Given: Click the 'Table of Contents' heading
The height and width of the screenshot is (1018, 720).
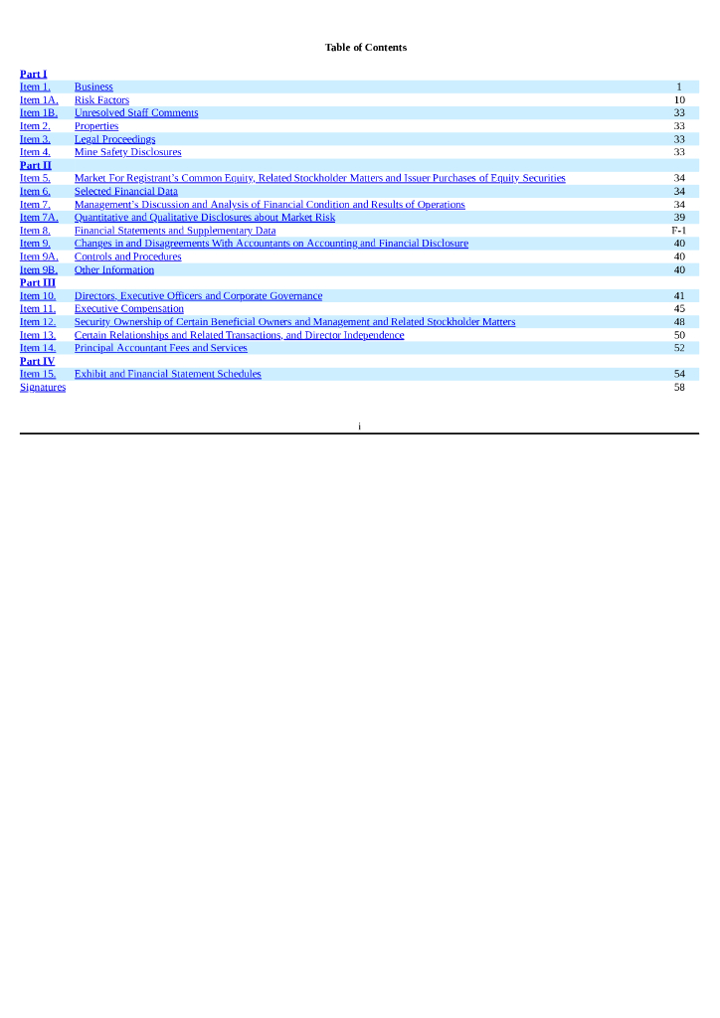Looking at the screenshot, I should [365, 48].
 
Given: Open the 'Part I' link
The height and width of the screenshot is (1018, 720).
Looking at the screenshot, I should [33, 74].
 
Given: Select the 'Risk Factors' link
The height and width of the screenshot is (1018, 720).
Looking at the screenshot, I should [101, 100].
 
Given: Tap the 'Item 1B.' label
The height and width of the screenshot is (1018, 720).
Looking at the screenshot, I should [39, 113].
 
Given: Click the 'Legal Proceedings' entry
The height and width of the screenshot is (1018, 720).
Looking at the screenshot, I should [114, 139].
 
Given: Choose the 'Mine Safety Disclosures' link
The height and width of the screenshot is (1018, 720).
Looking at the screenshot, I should [127, 152].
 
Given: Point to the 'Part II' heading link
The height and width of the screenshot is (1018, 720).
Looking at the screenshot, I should [35, 165].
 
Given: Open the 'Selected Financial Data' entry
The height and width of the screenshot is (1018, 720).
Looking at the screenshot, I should [125, 191].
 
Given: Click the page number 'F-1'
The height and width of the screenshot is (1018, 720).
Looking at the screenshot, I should [678, 231].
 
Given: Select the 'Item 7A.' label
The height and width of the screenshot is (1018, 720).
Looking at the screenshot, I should [39, 218].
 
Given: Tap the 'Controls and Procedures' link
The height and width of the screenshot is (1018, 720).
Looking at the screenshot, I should [127, 256].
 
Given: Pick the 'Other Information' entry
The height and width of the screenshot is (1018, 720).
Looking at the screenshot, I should [113, 269].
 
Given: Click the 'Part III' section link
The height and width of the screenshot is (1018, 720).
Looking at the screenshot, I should [37, 282].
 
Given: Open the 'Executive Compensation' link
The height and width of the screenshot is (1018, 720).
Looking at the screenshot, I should [128, 309].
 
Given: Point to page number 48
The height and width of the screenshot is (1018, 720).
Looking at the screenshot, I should [679, 322].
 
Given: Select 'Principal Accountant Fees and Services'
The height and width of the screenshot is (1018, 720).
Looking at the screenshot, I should [160, 348].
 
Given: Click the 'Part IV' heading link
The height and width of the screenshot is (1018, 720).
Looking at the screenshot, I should [37, 361].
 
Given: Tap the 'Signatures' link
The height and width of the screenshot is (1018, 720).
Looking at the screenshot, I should [43, 387].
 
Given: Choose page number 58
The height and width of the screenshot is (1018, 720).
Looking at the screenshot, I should [679, 387].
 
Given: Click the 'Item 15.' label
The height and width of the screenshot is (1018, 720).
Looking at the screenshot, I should [38, 374].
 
